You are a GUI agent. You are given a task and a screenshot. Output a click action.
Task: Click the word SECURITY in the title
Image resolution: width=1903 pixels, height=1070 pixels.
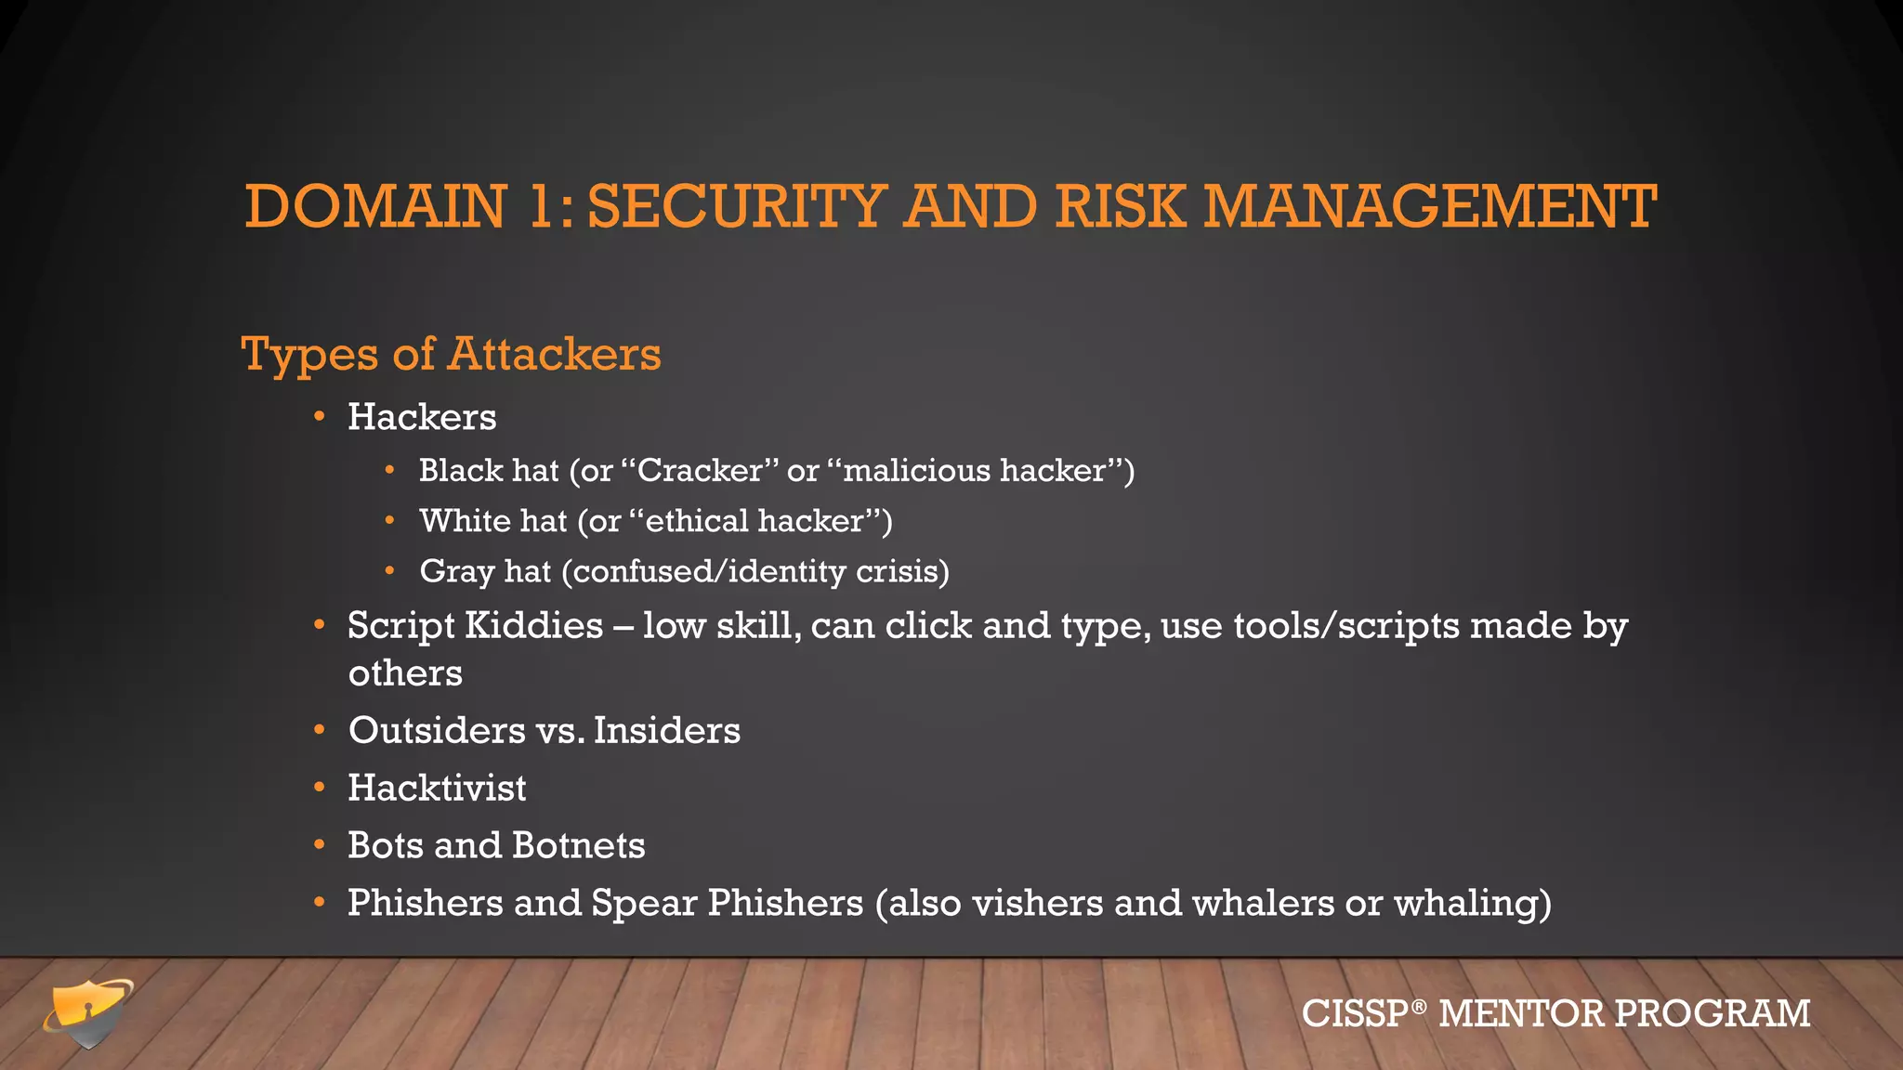[x=736, y=206]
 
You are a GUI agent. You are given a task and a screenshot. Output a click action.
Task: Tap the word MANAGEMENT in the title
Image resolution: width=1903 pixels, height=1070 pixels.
[x=1430, y=206]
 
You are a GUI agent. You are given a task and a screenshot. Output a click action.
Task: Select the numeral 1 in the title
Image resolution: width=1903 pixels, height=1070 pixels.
[x=542, y=206]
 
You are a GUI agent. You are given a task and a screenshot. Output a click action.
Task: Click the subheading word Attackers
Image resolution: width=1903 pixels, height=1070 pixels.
[x=555, y=354]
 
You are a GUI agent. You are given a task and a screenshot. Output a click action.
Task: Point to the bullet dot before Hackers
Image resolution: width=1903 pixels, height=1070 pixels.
[x=320, y=417]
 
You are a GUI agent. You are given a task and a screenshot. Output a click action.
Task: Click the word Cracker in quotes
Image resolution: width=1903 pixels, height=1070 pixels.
[x=700, y=471]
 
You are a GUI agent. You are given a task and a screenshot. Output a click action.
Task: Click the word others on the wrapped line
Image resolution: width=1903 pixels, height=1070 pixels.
[x=405, y=673]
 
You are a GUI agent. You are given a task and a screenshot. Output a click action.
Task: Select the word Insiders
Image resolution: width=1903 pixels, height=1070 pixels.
[x=666, y=731]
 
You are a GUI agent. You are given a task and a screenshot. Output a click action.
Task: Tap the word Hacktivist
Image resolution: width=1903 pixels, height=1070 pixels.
[x=437, y=789]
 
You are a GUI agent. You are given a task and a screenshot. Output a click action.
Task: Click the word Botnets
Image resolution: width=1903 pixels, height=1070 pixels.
[x=578, y=846]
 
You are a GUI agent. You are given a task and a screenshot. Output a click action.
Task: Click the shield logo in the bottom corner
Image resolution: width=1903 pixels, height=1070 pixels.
[x=88, y=1012]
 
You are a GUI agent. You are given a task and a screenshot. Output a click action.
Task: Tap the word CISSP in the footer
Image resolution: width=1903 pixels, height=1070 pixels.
[x=1355, y=1013]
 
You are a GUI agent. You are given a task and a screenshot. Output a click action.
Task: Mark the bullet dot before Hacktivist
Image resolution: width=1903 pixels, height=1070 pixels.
[x=320, y=789]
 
